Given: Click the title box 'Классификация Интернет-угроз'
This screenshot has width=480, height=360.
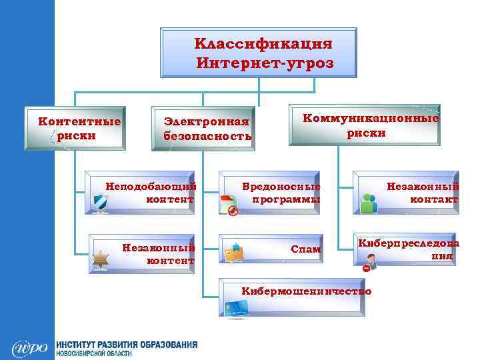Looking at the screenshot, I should pos(259,53).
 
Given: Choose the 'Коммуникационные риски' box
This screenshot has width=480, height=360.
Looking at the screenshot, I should pos(365,125).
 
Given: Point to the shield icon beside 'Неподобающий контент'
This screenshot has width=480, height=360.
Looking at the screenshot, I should pos(101,203).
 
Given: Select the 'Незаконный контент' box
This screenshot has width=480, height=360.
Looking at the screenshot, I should pos(141,254).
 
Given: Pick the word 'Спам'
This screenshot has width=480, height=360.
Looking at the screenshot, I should pos(305,249).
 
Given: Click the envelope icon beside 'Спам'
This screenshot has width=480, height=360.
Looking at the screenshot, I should pos(233,253).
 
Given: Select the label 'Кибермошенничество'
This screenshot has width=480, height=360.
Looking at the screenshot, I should pos(306,291).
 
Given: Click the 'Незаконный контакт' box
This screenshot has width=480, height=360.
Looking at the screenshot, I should pos(405,193).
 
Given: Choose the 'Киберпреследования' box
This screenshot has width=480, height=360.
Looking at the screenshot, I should pos(405,251).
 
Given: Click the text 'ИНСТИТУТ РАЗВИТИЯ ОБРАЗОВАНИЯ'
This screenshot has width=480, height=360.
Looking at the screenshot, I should pos(127,345).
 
